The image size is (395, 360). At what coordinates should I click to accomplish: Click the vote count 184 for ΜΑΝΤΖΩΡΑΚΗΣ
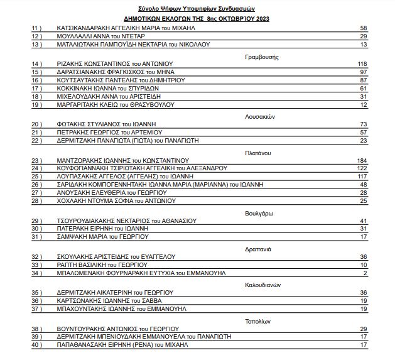[x=362, y=160]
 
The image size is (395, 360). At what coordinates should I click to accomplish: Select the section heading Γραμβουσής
[x=261, y=57]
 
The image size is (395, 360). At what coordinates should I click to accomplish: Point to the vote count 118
[x=362, y=64]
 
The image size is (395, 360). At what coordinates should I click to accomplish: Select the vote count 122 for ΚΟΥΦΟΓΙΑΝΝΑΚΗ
[x=362, y=168]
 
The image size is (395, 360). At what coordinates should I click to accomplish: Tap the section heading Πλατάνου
[x=257, y=153]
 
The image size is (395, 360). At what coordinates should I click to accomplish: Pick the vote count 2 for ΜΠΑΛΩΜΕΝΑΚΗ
[x=364, y=273]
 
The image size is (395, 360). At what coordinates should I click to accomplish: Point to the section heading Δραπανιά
[x=257, y=249]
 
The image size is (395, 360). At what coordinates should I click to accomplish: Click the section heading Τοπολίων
[x=257, y=321]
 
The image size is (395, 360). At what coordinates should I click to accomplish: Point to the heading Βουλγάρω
[x=257, y=213]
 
